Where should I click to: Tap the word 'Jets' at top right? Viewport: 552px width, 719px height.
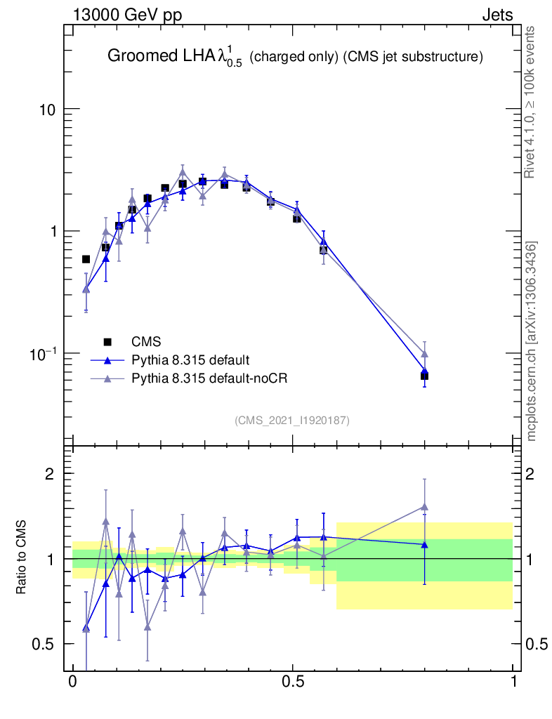tap(497, 15)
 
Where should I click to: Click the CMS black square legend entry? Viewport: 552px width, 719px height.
tap(107, 342)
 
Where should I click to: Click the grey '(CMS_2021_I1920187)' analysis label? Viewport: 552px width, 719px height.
tap(292, 420)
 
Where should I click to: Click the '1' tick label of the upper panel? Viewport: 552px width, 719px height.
tap(53, 232)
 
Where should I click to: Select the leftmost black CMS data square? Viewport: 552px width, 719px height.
tap(86, 259)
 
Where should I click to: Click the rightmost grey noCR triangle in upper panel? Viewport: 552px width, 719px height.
tap(424, 354)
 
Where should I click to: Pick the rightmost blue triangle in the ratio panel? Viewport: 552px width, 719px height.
tap(424, 544)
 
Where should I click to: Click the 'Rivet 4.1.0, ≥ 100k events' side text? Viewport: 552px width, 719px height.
tap(531, 103)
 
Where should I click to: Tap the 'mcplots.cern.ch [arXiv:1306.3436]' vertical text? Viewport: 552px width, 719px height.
tap(532, 341)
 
